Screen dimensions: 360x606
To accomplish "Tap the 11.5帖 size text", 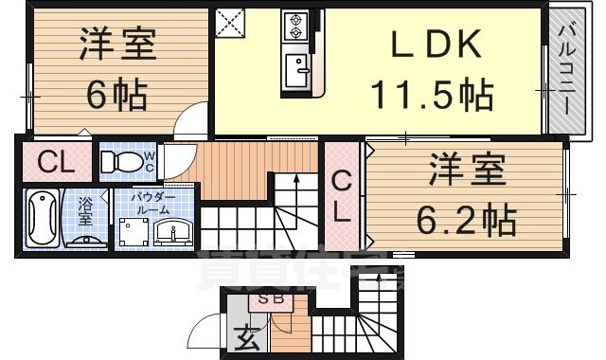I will point(431,95).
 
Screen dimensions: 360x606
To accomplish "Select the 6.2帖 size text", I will point(467,221).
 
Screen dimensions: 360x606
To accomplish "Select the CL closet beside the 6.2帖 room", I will point(342,195).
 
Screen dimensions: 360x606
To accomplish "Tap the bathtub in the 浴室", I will point(43,217).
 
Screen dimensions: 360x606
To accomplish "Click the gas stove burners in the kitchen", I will point(294,26).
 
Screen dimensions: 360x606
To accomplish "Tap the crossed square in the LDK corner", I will point(229,22).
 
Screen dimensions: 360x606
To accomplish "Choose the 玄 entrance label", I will point(244,335).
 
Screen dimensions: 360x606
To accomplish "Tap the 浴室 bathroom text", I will point(84,209).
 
